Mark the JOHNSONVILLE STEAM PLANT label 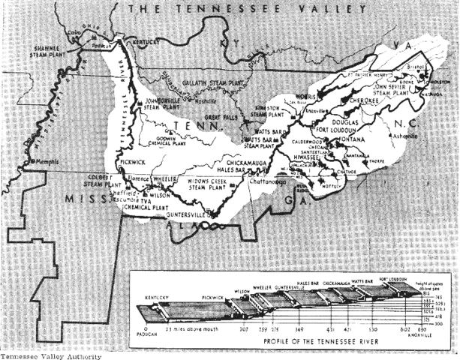click(164, 103)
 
